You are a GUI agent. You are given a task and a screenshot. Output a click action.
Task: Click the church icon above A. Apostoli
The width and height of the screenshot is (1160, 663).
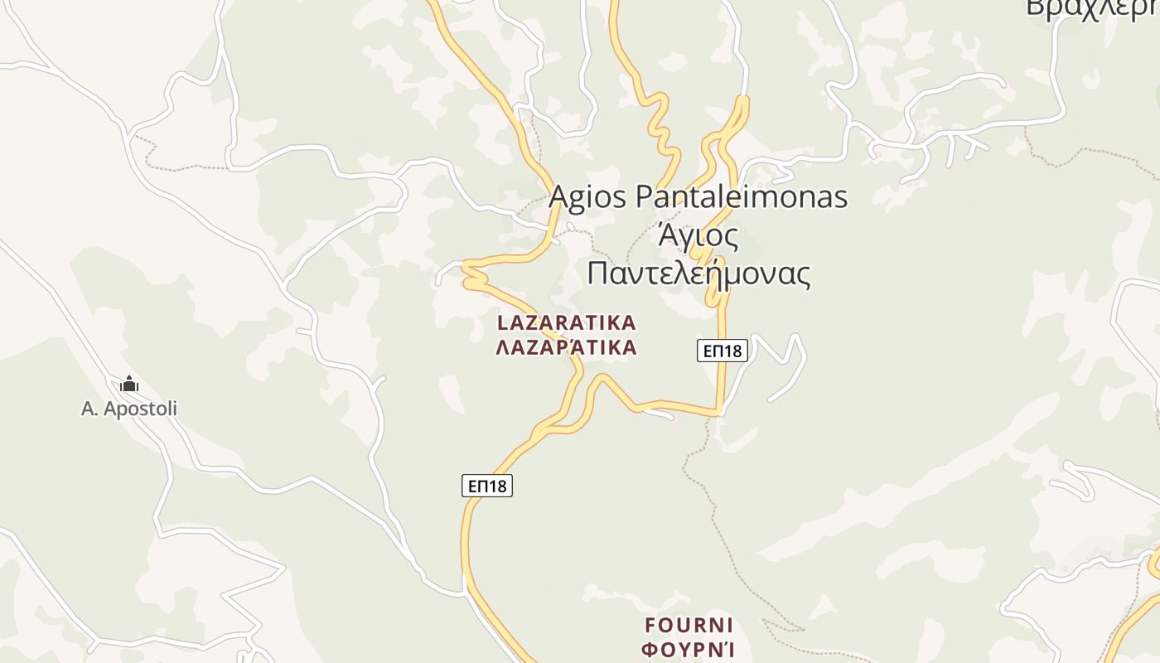pos(129,384)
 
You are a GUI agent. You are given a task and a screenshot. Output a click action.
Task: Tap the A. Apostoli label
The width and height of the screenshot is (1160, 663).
pos(129,409)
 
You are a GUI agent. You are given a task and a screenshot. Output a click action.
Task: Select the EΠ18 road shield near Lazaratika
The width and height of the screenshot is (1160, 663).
pos(722,351)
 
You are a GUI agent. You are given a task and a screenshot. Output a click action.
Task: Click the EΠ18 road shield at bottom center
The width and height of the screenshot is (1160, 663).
pos(487,486)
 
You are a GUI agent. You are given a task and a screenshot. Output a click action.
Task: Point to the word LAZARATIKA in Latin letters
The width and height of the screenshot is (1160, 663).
pos(567,322)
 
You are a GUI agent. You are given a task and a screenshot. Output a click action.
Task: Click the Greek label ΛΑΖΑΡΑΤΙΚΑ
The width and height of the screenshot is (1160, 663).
pos(567,347)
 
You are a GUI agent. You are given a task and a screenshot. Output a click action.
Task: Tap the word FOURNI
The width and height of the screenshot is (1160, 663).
pos(689,624)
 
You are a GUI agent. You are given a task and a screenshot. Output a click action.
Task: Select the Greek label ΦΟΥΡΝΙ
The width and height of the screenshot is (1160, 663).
pos(689,648)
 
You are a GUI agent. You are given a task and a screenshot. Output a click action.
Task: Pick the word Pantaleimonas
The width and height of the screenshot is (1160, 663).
pos(742,197)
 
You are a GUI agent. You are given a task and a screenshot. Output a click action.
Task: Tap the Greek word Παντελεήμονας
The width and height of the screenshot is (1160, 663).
pos(698,273)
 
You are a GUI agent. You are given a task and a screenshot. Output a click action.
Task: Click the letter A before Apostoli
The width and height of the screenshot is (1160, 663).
pos(89,409)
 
